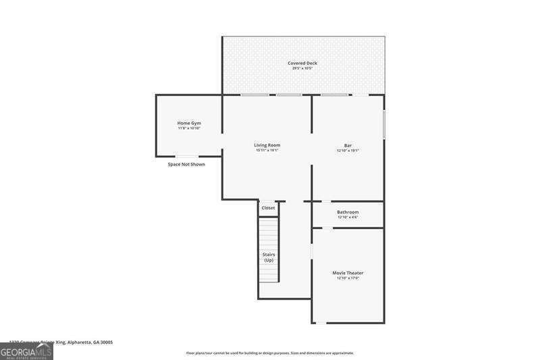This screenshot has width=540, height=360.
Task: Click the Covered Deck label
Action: pos(304,63)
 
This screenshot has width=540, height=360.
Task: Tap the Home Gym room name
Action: pos(189,123)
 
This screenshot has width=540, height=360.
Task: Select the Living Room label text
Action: pos(267,145)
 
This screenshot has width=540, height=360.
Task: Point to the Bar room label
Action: pos(348,145)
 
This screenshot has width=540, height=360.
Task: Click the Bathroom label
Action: pos(348,212)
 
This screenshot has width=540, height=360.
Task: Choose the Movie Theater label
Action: pos(348,273)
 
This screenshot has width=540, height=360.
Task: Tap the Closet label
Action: pos(268,208)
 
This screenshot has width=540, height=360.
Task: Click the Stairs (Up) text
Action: pos(269,257)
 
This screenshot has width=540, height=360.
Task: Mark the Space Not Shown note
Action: pos(186,164)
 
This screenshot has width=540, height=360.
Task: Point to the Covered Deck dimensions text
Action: pos(304,69)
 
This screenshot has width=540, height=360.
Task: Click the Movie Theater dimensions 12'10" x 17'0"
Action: pos(348,278)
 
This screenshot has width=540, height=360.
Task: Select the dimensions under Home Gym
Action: pos(189,128)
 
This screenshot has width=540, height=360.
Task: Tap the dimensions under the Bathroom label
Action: pos(348,217)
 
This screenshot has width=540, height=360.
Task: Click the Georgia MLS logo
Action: pos(26,351)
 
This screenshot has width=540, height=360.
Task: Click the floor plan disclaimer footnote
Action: pos(270,353)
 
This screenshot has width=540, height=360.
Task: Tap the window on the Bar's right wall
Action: pos(384,125)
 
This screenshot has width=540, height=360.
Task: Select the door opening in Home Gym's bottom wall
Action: pos(187,157)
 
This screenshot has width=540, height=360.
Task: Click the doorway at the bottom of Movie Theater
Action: pos(321,323)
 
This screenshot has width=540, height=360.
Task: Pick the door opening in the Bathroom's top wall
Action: pos(325,201)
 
